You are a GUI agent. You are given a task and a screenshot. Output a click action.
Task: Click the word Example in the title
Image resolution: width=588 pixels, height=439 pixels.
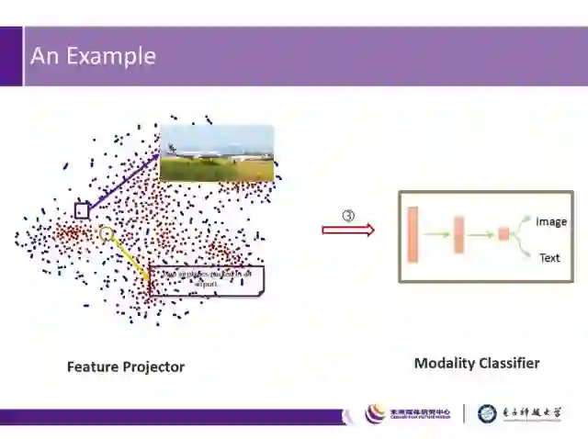(108, 56)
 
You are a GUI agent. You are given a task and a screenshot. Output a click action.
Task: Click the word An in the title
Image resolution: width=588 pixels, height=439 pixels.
(43, 56)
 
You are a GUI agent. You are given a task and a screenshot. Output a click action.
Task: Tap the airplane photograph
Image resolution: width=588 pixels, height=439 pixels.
(217, 152)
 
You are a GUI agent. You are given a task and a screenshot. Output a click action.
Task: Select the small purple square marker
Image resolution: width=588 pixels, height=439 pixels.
(82, 210)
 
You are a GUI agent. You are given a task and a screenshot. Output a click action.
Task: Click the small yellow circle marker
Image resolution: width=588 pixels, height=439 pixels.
(107, 234)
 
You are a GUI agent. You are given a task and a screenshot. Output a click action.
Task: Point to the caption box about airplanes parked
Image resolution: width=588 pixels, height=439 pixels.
(206, 280)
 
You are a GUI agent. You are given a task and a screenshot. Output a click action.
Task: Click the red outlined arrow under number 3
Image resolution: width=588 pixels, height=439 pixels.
(348, 230)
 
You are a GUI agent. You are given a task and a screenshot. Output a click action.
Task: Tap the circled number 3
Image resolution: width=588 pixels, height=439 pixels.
(348, 216)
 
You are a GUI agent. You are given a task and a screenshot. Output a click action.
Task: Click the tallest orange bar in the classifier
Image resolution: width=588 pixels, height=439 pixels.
(413, 234)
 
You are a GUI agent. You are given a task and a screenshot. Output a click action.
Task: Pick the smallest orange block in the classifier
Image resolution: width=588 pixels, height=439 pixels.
(503, 234)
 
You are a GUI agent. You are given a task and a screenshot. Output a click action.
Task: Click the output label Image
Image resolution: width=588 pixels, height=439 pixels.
(551, 221)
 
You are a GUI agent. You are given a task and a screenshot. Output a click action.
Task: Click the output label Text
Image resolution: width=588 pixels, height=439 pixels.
(549, 258)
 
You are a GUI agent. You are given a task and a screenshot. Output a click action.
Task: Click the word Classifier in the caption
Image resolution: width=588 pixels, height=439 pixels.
(511, 363)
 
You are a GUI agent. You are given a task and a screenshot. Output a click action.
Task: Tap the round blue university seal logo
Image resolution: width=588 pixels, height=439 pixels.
(487, 413)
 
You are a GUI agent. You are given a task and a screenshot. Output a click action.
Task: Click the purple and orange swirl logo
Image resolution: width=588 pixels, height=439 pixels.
(376, 413)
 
